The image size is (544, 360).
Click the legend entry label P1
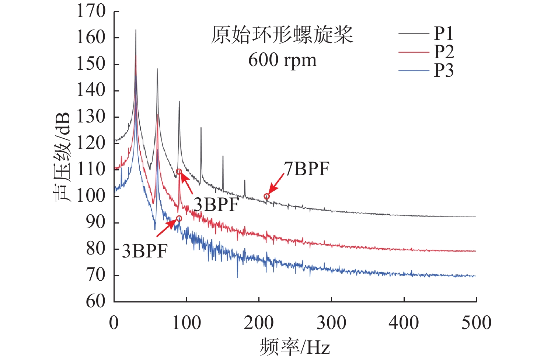click(x=443, y=33)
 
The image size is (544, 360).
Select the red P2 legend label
click(x=444, y=52)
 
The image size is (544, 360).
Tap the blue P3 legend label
click(x=444, y=70)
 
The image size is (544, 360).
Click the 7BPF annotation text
click(x=307, y=169)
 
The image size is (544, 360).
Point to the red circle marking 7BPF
click(x=266, y=197)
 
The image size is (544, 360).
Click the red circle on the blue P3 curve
click(x=179, y=219)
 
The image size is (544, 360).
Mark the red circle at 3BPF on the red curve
click(x=179, y=172)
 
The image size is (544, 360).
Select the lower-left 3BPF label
click(x=145, y=251)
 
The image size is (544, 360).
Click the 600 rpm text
click(x=282, y=60)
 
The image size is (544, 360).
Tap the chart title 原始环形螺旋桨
click(x=282, y=35)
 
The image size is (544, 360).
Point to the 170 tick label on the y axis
click(x=91, y=11)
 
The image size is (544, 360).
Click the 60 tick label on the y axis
click(x=96, y=301)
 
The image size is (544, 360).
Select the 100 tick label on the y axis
click(x=91, y=195)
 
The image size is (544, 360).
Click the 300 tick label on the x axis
click(x=331, y=323)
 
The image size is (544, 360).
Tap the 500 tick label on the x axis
click(x=476, y=323)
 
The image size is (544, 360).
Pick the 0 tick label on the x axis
click(x=114, y=323)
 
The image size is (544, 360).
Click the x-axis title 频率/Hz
click(x=295, y=347)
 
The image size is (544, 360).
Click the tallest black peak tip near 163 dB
click(x=136, y=30)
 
